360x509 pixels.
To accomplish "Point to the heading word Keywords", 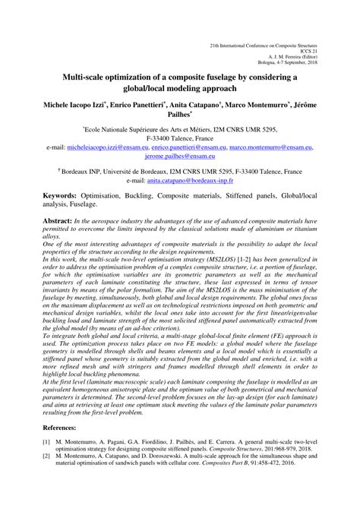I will tap(43, 196).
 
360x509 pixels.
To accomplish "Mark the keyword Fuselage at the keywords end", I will tap(61, 204).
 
